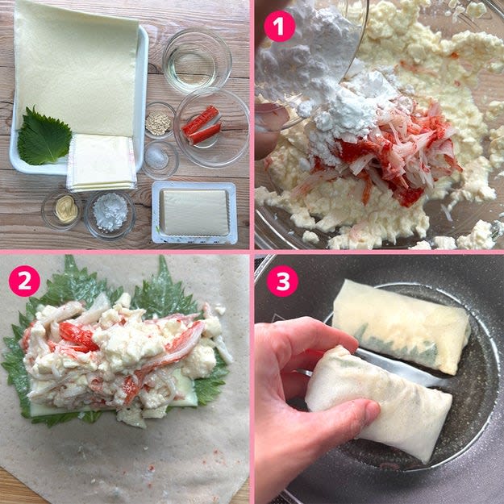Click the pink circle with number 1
click(x=279, y=26)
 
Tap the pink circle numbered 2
click(x=24, y=281)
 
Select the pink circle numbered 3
click(x=282, y=281)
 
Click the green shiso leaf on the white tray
click(x=44, y=136)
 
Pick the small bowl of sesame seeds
click(x=160, y=120)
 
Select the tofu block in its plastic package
click(x=194, y=212)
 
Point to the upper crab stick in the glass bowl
click(x=201, y=120)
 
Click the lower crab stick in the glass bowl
click(x=205, y=133)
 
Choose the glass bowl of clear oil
click(x=197, y=60)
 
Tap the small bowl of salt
click(x=160, y=159)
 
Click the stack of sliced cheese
click(x=101, y=163)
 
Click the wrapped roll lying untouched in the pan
click(x=401, y=326)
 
